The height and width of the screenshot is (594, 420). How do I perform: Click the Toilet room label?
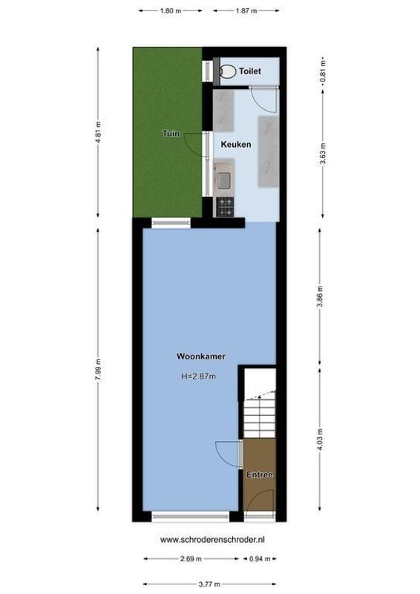coord(250,71)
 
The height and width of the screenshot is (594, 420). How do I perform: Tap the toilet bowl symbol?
coord(228,71)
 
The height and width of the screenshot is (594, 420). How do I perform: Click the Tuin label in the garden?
coord(171,134)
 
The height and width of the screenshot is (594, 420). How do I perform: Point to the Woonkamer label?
coord(201,356)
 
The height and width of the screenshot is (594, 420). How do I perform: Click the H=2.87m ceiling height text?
coord(198,376)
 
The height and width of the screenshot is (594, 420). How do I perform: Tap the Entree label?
coord(260,474)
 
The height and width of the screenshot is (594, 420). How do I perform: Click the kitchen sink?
coord(223,178)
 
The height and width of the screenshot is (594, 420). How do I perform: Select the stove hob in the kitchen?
coord(224,206)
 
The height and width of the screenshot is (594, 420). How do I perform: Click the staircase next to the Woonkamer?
coord(260,412)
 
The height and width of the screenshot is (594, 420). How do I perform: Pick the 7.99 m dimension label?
coord(99,369)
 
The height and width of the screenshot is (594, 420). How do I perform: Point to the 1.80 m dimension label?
coord(171,11)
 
